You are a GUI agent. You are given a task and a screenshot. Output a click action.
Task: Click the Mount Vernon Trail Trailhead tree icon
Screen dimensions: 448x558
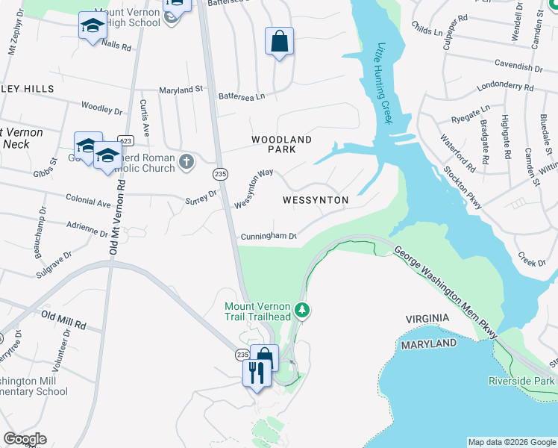301,308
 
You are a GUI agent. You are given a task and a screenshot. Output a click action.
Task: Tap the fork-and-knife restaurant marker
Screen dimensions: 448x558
254,372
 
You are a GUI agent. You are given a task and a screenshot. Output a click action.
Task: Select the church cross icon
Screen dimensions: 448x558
186,160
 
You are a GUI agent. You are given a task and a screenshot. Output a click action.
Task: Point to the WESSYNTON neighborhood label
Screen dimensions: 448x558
316,200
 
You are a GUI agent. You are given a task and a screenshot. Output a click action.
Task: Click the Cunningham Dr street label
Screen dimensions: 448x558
269,237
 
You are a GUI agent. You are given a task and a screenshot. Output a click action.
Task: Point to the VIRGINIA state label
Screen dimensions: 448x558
427,319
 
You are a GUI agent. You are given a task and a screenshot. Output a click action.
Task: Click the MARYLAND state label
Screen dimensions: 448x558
428,343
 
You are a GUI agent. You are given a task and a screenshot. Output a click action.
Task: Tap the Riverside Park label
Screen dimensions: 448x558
522,381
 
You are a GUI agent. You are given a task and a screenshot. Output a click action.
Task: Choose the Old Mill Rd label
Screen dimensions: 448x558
63,321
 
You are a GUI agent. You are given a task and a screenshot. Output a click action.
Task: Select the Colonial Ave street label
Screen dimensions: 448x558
88,202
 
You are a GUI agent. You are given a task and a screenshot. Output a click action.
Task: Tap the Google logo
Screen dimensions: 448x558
25,439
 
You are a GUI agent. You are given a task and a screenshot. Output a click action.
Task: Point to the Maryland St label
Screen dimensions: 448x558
181,90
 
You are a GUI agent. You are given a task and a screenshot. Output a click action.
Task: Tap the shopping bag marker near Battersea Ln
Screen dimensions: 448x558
279,42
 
